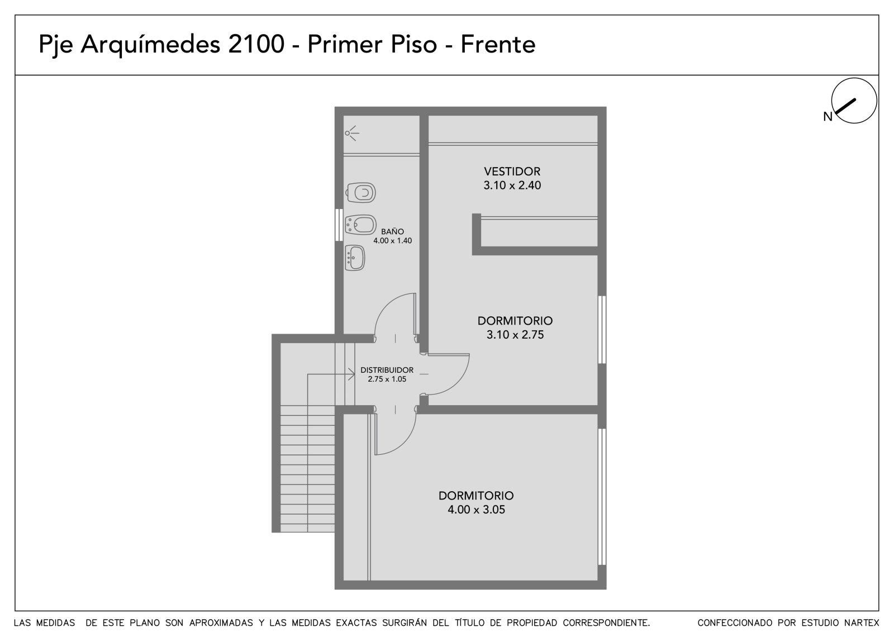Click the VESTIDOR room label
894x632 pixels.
(512, 172)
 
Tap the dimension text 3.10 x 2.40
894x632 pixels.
(512, 186)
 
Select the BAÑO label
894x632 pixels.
(392, 231)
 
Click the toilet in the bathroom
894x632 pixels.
(360, 193)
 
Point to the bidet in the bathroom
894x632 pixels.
(360, 225)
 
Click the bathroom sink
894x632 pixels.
(355, 258)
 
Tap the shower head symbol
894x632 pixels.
(351, 133)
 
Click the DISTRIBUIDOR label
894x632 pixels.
(387, 370)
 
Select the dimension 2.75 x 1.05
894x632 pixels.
(387, 379)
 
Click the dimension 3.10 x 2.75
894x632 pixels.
(515, 335)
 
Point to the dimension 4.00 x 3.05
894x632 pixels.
(476, 510)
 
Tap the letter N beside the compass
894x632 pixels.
(828, 117)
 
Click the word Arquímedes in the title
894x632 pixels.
(150, 44)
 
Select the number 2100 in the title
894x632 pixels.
(256, 44)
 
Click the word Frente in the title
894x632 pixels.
(498, 44)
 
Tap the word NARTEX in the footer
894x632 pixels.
(862, 623)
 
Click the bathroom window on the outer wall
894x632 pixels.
(339, 225)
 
